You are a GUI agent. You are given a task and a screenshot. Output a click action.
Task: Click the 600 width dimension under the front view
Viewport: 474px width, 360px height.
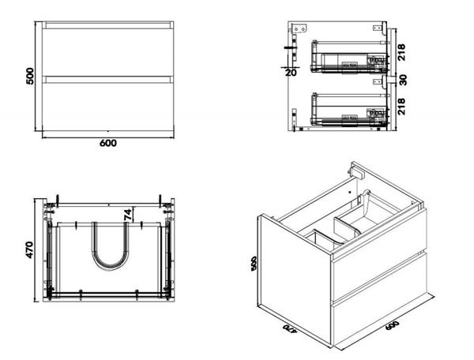(x=108, y=143)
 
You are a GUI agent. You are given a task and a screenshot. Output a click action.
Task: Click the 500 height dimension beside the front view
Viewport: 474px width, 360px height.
(x=31, y=76)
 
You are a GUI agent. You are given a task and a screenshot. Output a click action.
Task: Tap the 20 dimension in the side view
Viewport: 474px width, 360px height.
(x=291, y=73)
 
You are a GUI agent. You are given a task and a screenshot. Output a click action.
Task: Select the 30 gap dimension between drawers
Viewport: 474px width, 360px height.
(x=403, y=80)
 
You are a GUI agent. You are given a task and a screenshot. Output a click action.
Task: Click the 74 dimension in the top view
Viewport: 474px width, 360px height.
(x=128, y=215)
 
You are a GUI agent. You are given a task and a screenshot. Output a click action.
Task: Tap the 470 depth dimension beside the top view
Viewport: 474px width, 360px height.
(x=30, y=249)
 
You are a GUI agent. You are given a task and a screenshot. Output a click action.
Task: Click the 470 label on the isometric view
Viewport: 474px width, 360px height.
(x=290, y=328)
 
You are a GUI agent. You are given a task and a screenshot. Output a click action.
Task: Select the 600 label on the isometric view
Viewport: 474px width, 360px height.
(x=392, y=325)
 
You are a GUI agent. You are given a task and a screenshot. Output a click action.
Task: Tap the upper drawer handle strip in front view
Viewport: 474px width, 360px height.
(x=108, y=25)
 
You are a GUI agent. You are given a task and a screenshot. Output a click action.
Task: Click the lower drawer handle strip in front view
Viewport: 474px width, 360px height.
(x=108, y=80)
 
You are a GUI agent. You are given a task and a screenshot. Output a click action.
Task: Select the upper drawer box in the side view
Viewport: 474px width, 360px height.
(x=349, y=57)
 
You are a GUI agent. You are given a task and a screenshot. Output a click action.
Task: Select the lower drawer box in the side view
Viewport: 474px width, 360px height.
(x=349, y=109)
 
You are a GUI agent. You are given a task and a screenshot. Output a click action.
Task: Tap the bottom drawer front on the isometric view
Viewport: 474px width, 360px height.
(x=380, y=299)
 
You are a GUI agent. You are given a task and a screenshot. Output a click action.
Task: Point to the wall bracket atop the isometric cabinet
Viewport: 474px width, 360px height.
(x=356, y=171)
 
